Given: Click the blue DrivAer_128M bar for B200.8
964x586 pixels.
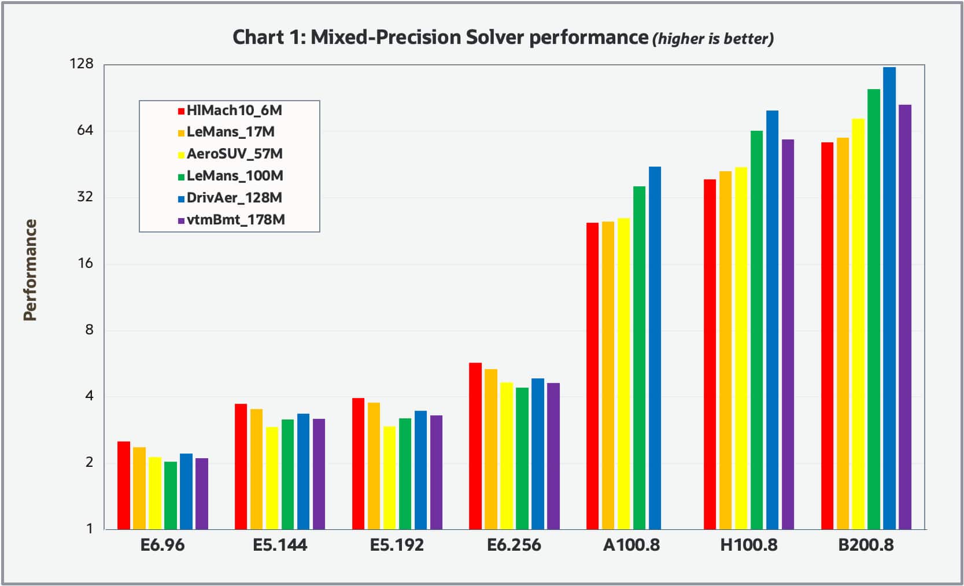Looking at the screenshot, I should click(x=889, y=298).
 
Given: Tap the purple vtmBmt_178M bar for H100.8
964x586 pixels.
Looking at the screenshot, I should click(x=787, y=334).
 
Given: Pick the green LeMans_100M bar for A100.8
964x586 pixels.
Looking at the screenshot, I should click(x=639, y=357).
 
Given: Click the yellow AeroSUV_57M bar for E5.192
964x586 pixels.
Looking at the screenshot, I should click(x=389, y=477).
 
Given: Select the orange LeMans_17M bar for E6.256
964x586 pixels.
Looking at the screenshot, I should click(x=490, y=448).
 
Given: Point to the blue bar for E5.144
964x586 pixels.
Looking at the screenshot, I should click(x=303, y=471).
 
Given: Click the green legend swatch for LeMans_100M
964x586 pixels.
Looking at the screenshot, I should click(x=181, y=176).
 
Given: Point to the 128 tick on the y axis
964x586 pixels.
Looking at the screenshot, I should click(x=81, y=64).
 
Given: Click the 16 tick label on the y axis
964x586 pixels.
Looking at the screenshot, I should click(x=85, y=263).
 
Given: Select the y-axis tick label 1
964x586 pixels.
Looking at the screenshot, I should click(x=89, y=528).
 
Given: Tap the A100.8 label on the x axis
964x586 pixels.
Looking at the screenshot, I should click(x=631, y=545).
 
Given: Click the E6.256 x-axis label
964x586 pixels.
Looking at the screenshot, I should click(x=514, y=545).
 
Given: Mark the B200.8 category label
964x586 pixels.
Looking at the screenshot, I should click(x=866, y=545).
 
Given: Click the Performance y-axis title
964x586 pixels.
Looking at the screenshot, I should click(x=30, y=270).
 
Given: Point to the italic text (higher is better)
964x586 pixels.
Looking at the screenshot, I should click(x=712, y=39).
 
